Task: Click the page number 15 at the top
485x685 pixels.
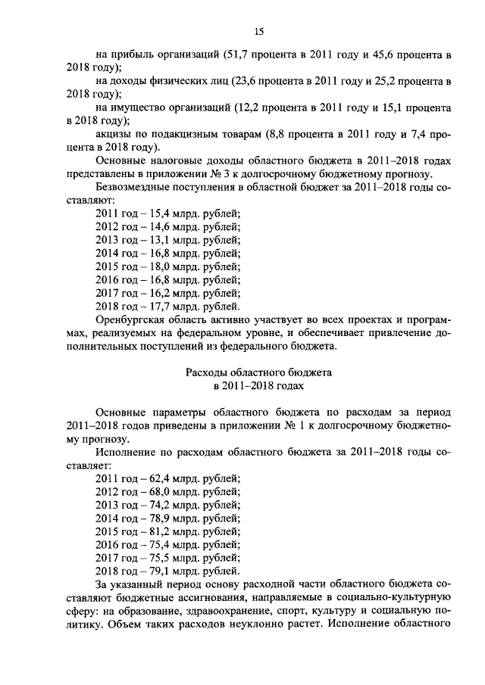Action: tap(258, 31)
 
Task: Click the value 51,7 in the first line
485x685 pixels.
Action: tap(239, 54)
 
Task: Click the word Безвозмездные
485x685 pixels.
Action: tap(134, 187)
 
